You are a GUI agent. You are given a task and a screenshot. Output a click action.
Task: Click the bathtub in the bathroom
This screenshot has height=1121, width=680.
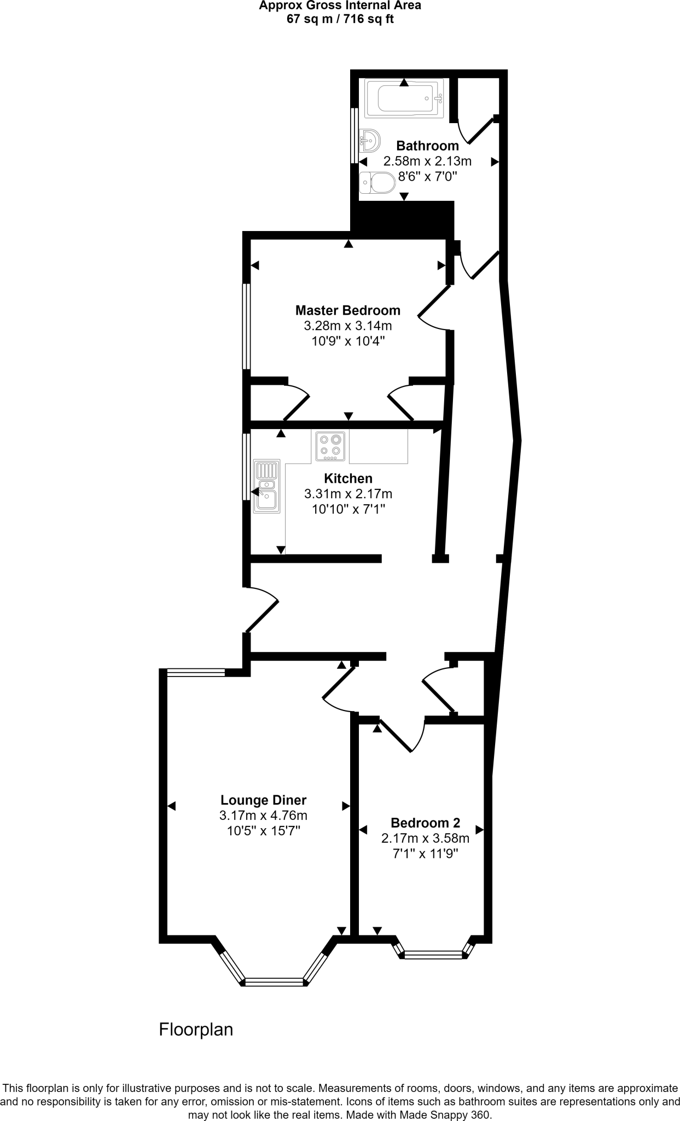pyautogui.click(x=404, y=99)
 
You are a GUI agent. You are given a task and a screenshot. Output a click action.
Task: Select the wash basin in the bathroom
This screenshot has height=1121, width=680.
pyautogui.click(x=370, y=141)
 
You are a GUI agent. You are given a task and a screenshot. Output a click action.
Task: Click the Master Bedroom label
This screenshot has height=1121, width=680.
pyautogui.click(x=348, y=310)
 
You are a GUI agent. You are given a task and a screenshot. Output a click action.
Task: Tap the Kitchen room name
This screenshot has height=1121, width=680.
pyautogui.click(x=348, y=478)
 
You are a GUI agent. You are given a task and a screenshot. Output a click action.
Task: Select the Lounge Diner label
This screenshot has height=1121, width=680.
pyautogui.click(x=263, y=800)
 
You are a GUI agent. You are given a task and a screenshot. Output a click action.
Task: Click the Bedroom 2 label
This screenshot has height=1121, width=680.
pyautogui.click(x=425, y=823)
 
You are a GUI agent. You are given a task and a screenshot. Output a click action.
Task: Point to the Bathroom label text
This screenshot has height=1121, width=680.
pyautogui.click(x=427, y=146)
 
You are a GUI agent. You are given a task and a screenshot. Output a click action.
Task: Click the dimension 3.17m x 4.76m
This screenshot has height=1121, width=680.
pyautogui.click(x=263, y=815)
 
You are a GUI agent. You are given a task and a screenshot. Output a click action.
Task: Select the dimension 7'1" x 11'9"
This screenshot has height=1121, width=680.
pyautogui.click(x=425, y=853)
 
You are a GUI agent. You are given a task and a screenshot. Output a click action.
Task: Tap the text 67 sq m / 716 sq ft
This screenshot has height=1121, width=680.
pyautogui.click(x=340, y=20)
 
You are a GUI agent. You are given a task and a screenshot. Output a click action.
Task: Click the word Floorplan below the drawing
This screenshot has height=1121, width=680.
pyautogui.click(x=196, y=1030)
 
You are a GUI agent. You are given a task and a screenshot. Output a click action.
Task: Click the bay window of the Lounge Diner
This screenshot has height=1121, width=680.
pyautogui.click(x=274, y=981)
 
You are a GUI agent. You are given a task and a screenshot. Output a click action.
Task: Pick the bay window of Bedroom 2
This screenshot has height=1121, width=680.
pyautogui.click(x=433, y=955)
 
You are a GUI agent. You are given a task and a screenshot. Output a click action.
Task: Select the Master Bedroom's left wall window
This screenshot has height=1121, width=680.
pyautogui.click(x=247, y=326)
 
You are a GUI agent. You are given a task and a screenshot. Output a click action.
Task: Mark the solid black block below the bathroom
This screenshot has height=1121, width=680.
pyautogui.click(x=405, y=219)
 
